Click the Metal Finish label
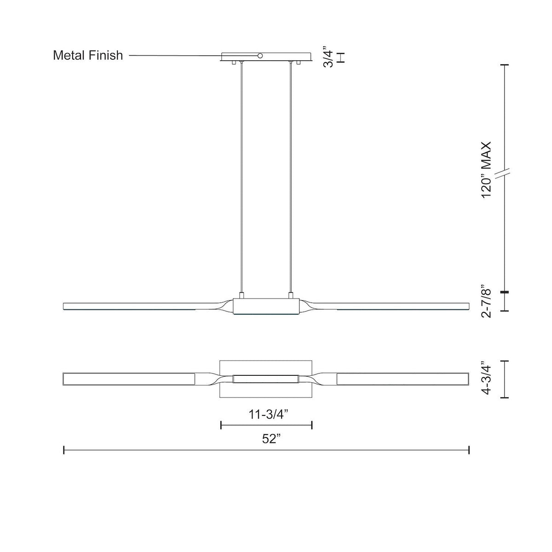pos(88,56)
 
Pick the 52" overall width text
pos(271,439)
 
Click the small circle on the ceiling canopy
pos(260,56)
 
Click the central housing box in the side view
pos(266,306)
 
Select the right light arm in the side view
pos(396,306)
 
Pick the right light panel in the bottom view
pos(403,379)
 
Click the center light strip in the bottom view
pos(266,379)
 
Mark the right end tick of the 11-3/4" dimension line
pos(312,425)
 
